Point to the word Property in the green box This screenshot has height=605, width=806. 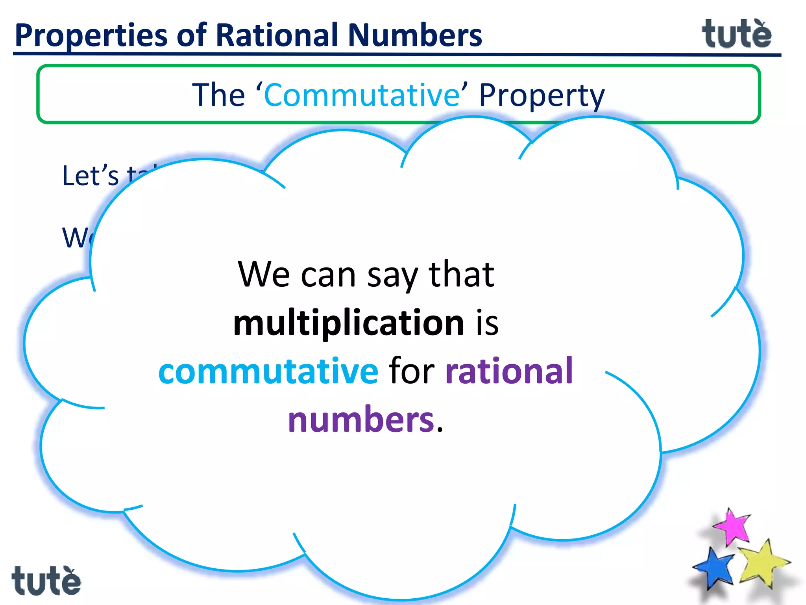pos(542,96)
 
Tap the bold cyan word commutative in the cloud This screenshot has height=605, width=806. pos(268,371)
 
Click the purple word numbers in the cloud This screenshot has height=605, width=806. pos(361,419)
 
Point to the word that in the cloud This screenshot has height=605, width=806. pos(461,274)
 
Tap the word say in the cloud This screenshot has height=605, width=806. pos(392,276)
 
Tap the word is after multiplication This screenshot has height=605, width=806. pos(487,323)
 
